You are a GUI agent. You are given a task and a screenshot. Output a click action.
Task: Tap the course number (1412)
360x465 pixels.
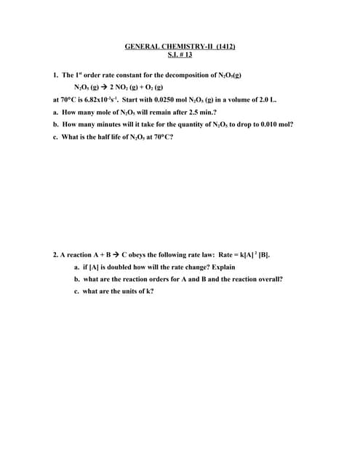223,46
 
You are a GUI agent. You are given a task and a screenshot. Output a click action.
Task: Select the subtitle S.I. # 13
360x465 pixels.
180,54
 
